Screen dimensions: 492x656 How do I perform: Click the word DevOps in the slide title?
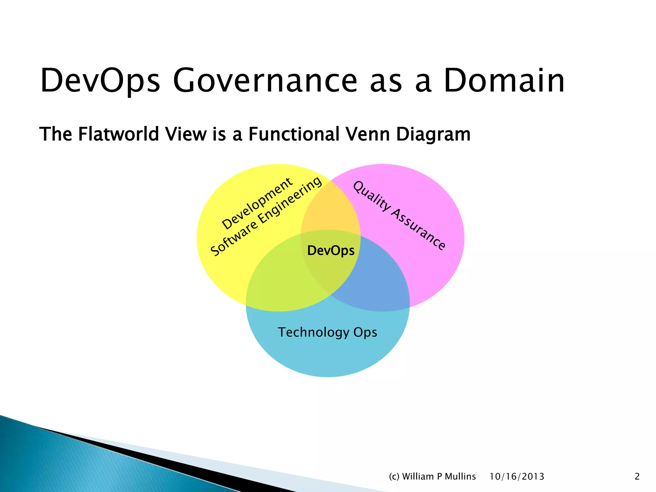click(x=100, y=81)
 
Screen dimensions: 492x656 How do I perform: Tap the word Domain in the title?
click(x=504, y=81)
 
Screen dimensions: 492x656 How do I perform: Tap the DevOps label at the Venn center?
click(x=331, y=250)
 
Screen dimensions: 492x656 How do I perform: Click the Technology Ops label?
click(x=327, y=332)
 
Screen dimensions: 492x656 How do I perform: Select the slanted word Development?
click(x=257, y=204)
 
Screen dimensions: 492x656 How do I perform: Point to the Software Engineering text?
click(x=266, y=217)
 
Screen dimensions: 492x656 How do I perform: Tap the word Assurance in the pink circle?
click(x=418, y=229)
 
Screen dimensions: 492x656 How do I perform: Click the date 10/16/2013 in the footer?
click(x=517, y=476)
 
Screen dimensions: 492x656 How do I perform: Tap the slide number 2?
click(x=637, y=476)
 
